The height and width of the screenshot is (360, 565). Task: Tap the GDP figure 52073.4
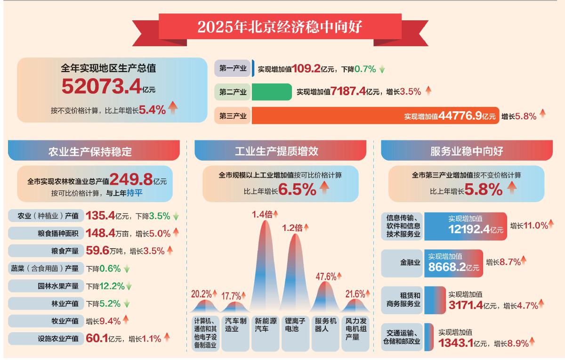(x=101, y=87)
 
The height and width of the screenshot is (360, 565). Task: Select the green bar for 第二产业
(x=272, y=92)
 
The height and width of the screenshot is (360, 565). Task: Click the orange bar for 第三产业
(x=330, y=115)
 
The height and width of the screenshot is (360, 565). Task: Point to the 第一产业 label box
(x=233, y=69)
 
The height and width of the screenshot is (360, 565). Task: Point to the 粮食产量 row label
(x=52, y=251)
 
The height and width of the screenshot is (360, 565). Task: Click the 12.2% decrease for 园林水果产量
(x=112, y=286)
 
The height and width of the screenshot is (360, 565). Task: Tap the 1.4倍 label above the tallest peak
(x=262, y=214)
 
